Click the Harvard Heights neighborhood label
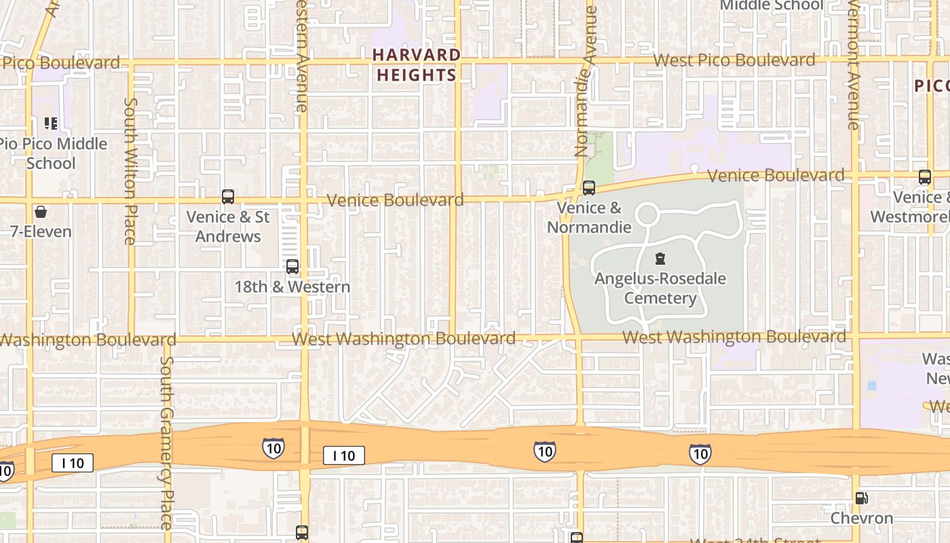tap(417, 65)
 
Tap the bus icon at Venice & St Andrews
tap(228, 197)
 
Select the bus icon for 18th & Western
tap(292, 267)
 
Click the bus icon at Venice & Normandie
tap(589, 188)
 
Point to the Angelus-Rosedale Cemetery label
tap(660, 288)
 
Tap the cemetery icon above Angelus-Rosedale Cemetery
tap(660, 259)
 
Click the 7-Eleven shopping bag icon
tap(41, 212)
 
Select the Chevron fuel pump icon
tap(861, 498)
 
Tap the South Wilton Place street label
tap(130, 170)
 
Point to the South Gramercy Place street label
tap(167, 443)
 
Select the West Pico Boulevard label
tap(734, 60)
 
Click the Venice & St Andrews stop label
tap(228, 227)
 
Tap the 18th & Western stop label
tap(292, 286)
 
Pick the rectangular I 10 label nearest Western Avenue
tap(344, 455)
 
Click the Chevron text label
tap(862, 519)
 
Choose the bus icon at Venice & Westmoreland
tap(925, 177)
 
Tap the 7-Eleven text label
tap(41, 231)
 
